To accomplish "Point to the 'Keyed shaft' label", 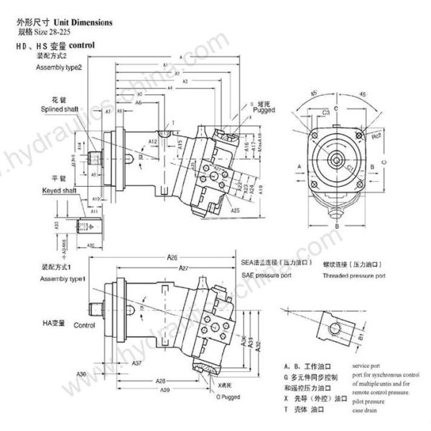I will (x=55, y=184).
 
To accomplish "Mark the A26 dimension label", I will (x=173, y=256).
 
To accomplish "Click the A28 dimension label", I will (x=162, y=380).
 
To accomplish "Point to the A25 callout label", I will (x=235, y=210).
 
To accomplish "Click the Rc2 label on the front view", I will (x=375, y=135).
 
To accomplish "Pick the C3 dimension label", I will (x=326, y=113).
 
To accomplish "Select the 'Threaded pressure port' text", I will (x=354, y=275).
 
